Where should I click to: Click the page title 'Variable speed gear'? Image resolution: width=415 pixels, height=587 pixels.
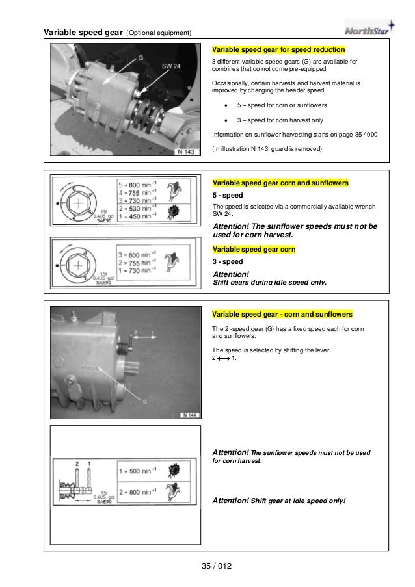[x=83, y=33]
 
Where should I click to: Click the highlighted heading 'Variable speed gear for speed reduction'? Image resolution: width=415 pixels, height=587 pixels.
[x=278, y=49]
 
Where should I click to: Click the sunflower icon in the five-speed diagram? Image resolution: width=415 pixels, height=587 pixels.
[x=172, y=213]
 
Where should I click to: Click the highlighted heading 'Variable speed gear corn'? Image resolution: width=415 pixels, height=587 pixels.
[x=254, y=249]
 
